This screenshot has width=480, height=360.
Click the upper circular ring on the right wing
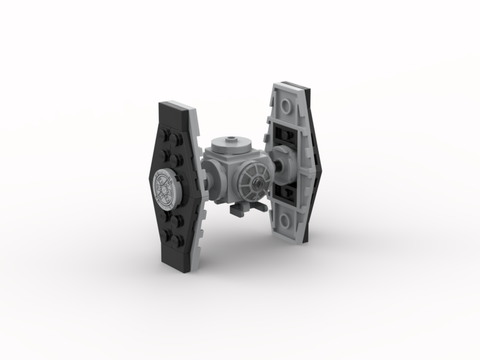(287, 105)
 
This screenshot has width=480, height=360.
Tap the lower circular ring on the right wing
(285, 220)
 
